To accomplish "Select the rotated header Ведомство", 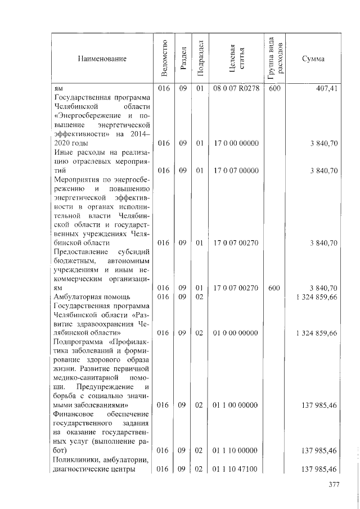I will (x=163, y=58).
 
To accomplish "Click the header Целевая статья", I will (x=236, y=58).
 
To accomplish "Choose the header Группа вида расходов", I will (x=274, y=58).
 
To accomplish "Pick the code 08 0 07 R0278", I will (x=236, y=89).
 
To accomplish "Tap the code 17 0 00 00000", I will (x=236, y=143).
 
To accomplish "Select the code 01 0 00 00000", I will (x=236, y=332).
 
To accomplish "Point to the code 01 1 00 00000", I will (x=236, y=404).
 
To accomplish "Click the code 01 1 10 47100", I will (x=236, y=469).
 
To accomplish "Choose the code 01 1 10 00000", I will (x=236, y=450).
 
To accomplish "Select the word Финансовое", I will (x=73, y=414).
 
